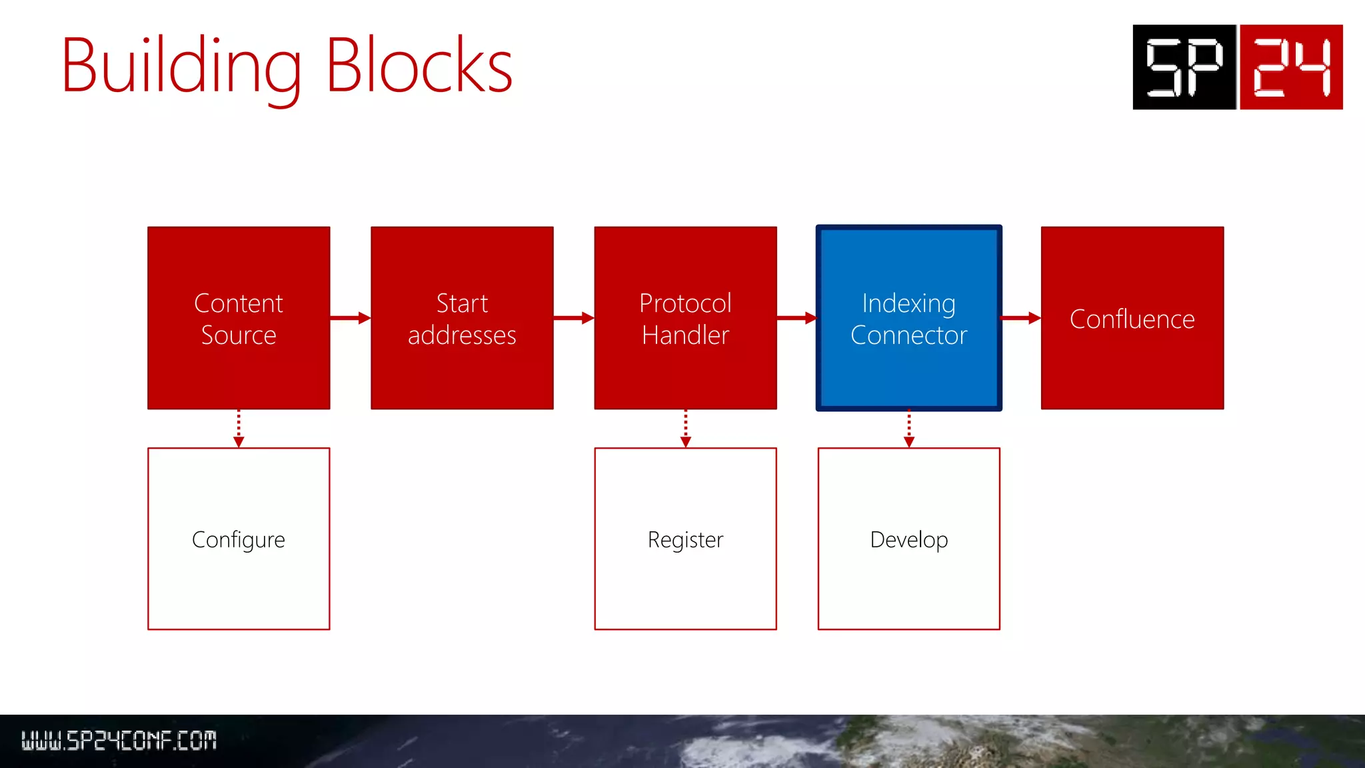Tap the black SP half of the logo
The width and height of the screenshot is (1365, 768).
coord(1184,67)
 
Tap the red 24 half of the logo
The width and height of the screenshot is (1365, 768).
coord(1291,67)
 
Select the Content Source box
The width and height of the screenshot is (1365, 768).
coord(239,318)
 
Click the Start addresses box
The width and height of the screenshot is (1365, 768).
coord(462,318)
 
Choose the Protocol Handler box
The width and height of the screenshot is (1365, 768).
coord(685,318)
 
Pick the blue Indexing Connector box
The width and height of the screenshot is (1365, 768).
coord(908,318)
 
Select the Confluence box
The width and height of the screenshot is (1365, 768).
coord(1132,318)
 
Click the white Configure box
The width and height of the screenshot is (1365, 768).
coord(239,539)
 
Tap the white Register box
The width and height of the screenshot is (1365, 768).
coord(685,539)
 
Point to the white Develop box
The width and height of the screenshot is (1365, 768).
coord(908,539)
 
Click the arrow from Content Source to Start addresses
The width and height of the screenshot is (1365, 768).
coord(350,318)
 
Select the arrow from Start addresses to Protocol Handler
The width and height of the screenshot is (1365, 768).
coord(573,318)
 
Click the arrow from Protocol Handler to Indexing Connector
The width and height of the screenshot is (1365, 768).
coord(796,318)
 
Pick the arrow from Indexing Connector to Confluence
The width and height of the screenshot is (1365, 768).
coord(1020,318)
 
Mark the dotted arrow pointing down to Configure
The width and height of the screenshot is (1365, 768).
coord(239,429)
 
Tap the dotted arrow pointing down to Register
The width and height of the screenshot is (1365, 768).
coord(685,429)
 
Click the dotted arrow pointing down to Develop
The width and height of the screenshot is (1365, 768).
coord(908,429)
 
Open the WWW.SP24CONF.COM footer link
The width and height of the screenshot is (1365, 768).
coord(119,740)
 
